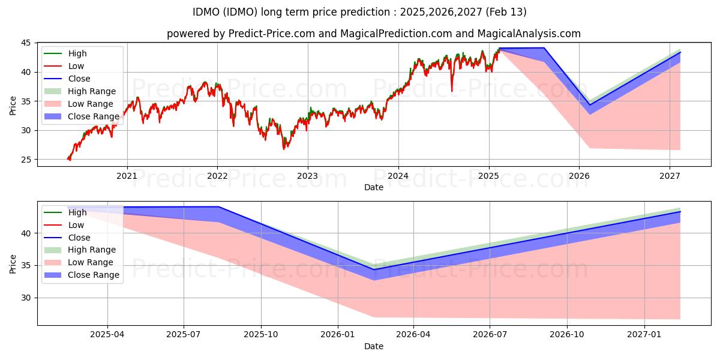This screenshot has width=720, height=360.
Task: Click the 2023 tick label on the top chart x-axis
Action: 308,176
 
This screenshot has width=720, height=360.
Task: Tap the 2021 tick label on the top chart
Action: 127,176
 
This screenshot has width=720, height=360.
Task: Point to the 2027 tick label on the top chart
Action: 670,176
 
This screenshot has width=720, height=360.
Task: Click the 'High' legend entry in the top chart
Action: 77,53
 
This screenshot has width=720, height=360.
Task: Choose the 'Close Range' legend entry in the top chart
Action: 93,116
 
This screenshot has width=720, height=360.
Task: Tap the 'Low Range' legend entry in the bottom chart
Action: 90,262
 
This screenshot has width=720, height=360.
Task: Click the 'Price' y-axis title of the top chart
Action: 13,105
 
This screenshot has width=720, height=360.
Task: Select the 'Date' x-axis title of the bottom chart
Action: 373,346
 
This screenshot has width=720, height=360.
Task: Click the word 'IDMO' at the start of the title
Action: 206,12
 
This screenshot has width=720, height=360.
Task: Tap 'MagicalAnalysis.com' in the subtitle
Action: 533,34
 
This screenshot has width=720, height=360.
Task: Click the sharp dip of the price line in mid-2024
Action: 452,91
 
